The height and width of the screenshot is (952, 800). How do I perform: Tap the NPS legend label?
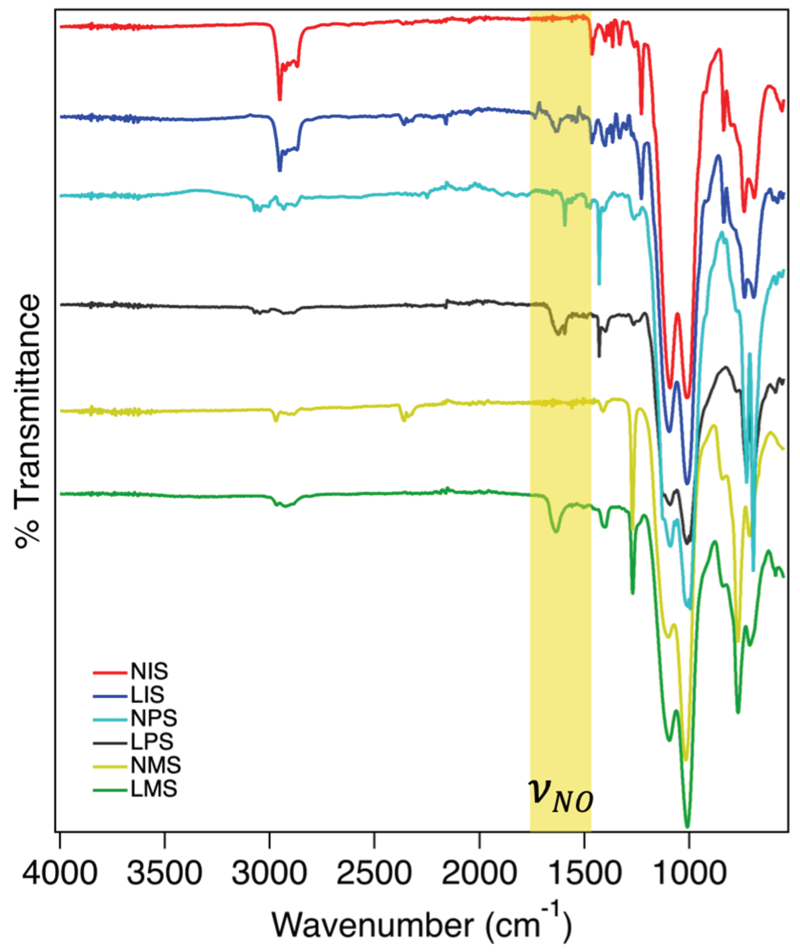[x=154, y=719]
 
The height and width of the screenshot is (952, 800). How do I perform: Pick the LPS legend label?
[x=152, y=742]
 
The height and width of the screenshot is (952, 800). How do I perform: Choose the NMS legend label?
[x=156, y=766]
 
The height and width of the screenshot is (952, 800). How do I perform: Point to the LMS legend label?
[x=154, y=790]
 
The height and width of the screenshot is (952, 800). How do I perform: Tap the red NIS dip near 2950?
[x=280, y=99]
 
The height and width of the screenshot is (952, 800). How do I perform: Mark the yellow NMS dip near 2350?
[x=404, y=420]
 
